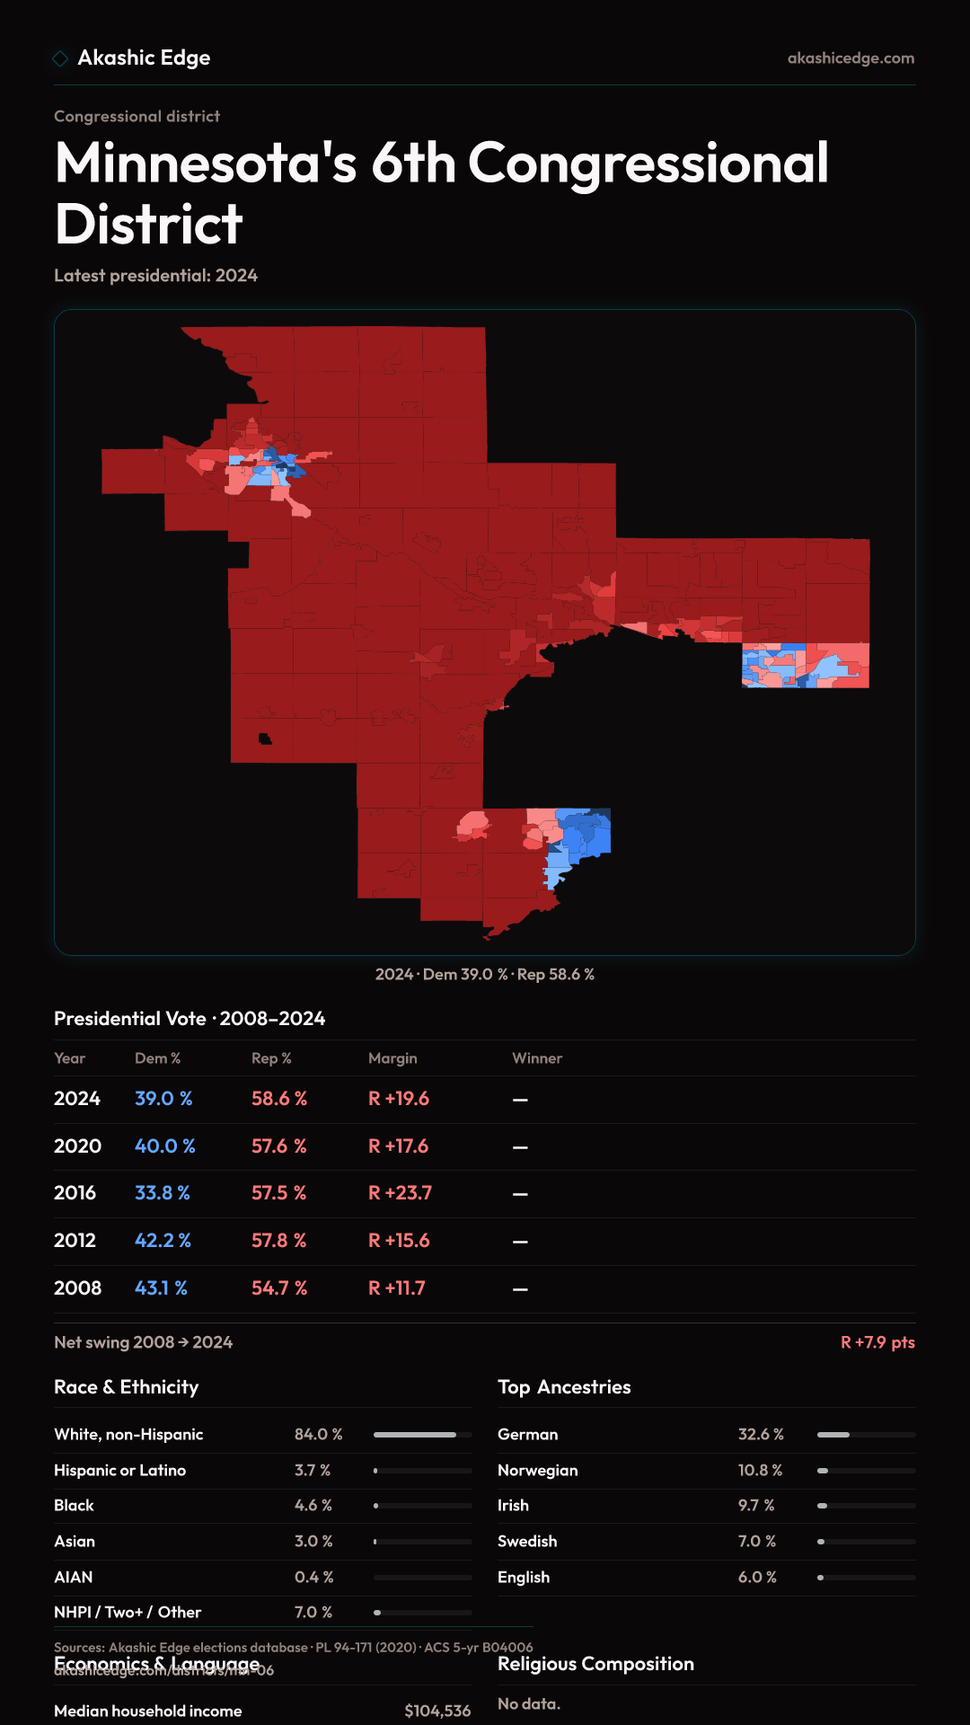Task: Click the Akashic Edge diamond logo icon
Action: click(60, 58)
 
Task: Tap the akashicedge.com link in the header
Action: click(851, 58)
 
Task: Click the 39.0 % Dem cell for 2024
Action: click(163, 1099)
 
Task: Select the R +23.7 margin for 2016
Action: click(400, 1193)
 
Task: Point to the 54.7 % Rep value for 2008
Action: click(278, 1288)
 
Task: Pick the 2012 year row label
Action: click(75, 1241)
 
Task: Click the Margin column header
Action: click(392, 1058)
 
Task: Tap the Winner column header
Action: click(537, 1058)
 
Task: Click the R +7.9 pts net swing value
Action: click(877, 1342)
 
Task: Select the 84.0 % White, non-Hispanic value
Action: click(318, 1435)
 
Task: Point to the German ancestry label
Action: click(527, 1435)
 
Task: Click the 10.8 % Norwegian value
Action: click(760, 1471)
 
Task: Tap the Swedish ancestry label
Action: click(527, 1542)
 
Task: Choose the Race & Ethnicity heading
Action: click(126, 1387)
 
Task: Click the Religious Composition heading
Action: click(595, 1664)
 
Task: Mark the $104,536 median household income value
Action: click(437, 1711)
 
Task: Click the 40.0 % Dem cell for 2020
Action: click(164, 1146)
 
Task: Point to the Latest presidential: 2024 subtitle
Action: click(155, 276)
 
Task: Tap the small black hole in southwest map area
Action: click(265, 739)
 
